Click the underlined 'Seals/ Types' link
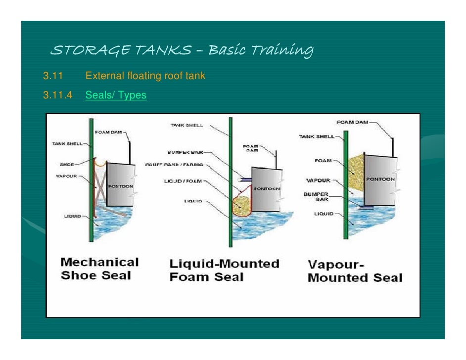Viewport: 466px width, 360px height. point(116,95)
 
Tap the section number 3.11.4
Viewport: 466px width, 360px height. point(57,95)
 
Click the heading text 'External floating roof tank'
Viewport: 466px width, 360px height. point(145,76)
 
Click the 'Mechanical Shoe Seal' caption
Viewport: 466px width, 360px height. point(99,269)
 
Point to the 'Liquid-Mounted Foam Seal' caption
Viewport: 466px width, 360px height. point(224,270)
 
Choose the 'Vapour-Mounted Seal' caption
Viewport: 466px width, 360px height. point(355,271)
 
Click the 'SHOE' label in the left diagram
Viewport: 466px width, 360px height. point(67,164)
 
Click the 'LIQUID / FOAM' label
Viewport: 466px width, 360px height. point(183,181)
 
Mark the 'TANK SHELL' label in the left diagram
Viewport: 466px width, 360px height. point(68,144)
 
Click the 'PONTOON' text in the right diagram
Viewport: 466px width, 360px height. point(380,179)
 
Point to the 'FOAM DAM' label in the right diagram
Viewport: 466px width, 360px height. point(352,123)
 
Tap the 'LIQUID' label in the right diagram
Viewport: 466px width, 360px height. point(323,214)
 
